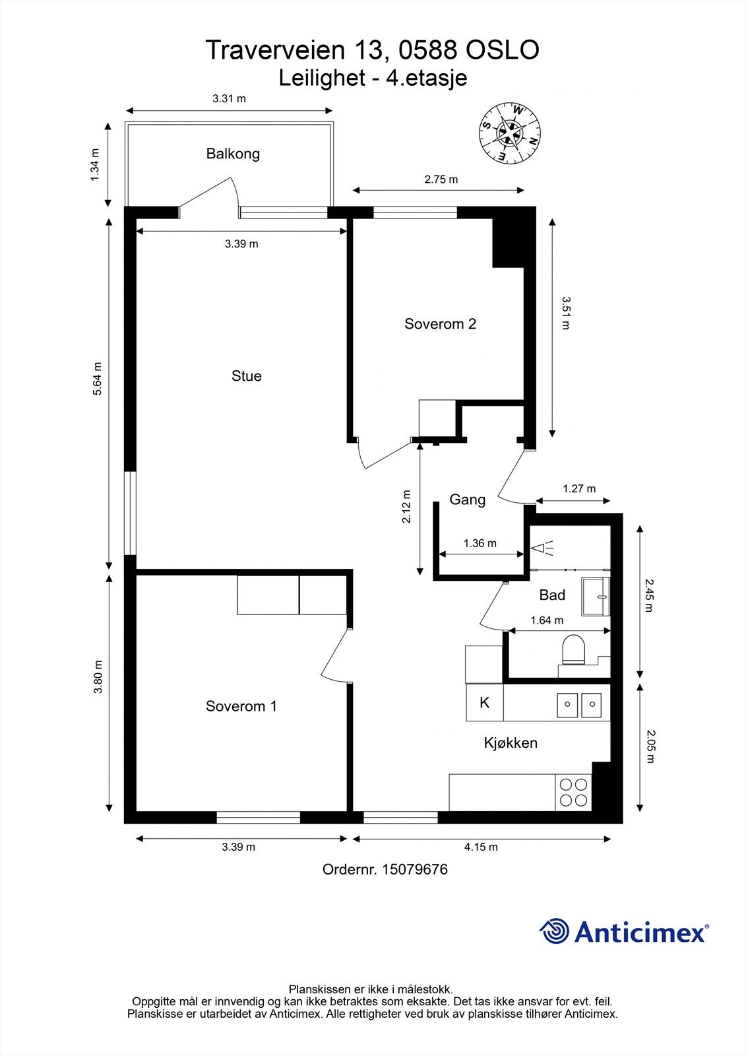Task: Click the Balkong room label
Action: point(233,154)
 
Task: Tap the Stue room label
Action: point(246,376)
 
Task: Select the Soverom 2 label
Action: point(440,323)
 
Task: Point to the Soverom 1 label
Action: point(241,706)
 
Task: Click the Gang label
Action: point(467,499)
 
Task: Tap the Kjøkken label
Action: point(511,742)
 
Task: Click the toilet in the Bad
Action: point(573,649)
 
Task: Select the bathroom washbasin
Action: point(596,597)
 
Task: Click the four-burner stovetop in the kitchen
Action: point(573,793)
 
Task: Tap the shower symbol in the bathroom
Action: point(542,548)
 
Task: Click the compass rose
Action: point(509,133)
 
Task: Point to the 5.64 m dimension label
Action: point(96,379)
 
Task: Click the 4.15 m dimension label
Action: point(481,847)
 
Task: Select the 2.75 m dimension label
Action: point(441,179)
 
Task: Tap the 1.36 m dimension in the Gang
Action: point(480,543)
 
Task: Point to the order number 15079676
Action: point(415,869)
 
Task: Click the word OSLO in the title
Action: point(503,50)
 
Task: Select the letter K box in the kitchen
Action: point(484,702)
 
